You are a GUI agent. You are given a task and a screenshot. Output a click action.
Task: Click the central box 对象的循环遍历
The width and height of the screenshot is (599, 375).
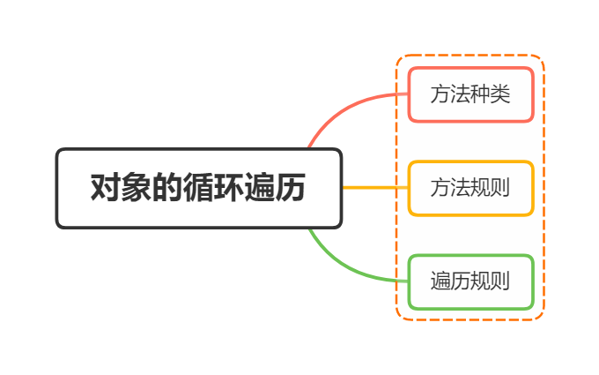tap(198, 188)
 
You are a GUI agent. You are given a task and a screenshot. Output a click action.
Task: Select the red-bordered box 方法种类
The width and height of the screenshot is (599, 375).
tap(470, 94)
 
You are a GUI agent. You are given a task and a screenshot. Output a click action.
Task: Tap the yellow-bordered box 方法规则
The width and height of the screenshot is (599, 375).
tap(470, 188)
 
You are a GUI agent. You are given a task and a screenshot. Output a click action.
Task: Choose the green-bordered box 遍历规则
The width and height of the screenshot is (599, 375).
tap(470, 281)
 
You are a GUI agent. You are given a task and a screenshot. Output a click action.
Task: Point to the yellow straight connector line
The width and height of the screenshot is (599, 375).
tap(374, 188)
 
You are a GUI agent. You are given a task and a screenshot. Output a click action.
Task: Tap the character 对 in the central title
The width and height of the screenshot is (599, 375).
tap(106, 189)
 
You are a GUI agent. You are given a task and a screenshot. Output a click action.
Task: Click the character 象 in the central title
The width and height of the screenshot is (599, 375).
tap(137, 189)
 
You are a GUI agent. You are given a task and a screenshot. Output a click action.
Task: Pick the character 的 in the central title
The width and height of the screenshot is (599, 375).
tap(167, 189)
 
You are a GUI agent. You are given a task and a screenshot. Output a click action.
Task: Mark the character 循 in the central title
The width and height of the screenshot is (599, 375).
tap(198, 189)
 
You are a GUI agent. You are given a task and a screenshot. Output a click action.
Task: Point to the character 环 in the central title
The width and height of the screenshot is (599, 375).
tap(229, 189)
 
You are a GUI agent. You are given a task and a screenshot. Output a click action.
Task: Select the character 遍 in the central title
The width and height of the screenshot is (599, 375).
tap(260, 189)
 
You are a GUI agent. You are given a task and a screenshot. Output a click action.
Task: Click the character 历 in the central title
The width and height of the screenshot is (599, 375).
tap(291, 189)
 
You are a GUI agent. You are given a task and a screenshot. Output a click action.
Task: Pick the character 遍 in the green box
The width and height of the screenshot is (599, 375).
tap(440, 281)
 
